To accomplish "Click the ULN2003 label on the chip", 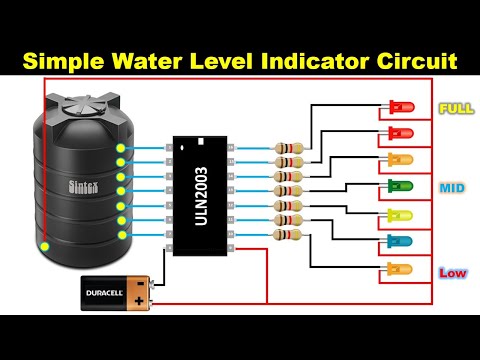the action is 200,195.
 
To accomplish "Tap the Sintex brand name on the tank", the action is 83,186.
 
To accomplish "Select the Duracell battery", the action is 116,294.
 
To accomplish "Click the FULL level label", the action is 455,108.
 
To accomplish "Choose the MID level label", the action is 452,188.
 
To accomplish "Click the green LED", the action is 400,186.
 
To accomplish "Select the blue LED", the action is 400,242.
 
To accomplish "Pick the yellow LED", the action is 400,215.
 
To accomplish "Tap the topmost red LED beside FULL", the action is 400,106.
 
